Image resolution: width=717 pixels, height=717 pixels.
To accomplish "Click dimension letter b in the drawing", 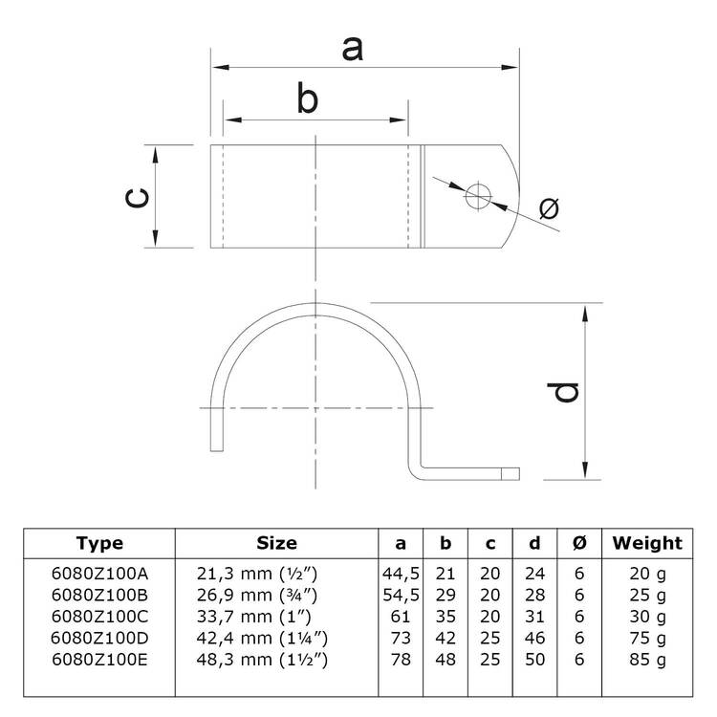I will pyautogui.click(x=307, y=98).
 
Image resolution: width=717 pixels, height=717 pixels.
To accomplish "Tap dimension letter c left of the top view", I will pyautogui.click(x=137, y=197).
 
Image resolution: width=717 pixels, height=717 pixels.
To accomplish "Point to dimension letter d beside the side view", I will pyautogui.click(x=567, y=392).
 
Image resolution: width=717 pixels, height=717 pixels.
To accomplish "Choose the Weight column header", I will pyautogui.click(x=648, y=543).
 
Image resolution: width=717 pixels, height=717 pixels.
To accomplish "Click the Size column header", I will pyautogui.click(x=277, y=543).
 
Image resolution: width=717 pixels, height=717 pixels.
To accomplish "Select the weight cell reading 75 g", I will pyautogui.click(x=648, y=639).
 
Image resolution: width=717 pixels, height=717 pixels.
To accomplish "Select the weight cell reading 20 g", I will pyautogui.click(x=648, y=574).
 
